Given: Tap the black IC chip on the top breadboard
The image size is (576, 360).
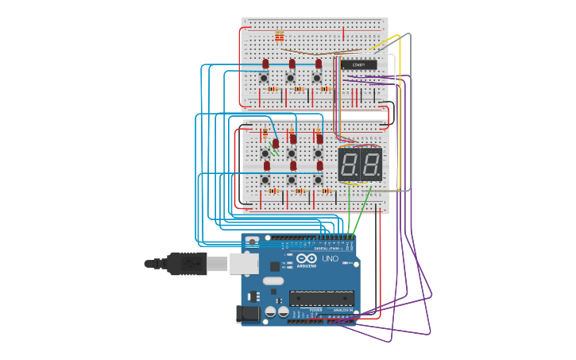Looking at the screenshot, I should pyautogui.click(x=358, y=64).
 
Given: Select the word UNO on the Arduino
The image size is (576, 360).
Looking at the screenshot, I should pyautogui.click(x=330, y=258).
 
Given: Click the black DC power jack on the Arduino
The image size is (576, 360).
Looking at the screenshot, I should pyautogui.click(x=249, y=315).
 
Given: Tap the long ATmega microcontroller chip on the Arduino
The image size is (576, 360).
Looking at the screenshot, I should pyautogui.click(x=321, y=298).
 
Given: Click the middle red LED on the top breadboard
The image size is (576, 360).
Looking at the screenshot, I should pyautogui.click(x=292, y=64).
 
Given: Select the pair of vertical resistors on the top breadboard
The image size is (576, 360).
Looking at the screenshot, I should pyautogui.click(x=279, y=36).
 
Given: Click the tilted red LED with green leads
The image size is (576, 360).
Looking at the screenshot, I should pyautogui.click(x=276, y=144).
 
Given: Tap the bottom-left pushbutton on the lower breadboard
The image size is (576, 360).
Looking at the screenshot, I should pyautogui.click(x=265, y=180).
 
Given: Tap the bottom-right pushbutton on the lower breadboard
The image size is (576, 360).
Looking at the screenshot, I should pyautogui.click(x=318, y=180).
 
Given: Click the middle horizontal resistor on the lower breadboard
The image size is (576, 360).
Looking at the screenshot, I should pyautogui.click(x=300, y=192).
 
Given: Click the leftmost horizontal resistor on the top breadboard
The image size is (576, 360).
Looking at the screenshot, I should pyautogui.click(x=272, y=89).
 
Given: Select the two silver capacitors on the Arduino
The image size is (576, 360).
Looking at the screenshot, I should pyautogui.click(x=277, y=312).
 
